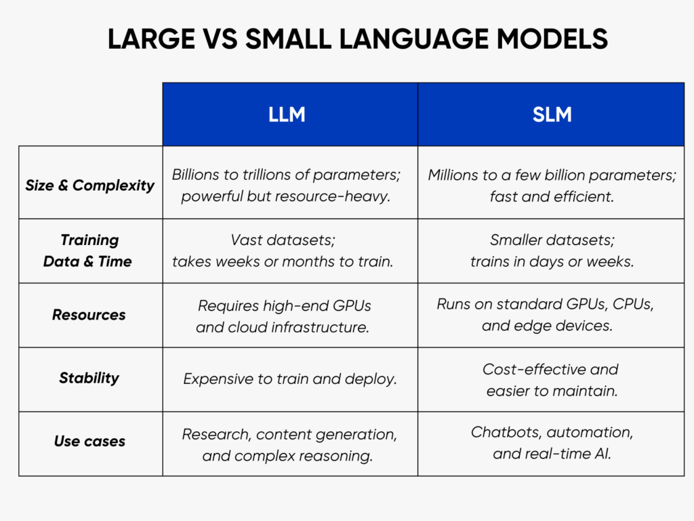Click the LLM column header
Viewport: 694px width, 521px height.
click(287, 115)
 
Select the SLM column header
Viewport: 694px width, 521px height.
click(552, 115)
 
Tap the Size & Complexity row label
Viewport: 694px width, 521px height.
click(90, 185)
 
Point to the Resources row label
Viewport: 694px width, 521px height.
click(89, 315)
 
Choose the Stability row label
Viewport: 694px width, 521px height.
click(89, 378)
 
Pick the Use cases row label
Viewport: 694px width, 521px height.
click(89, 441)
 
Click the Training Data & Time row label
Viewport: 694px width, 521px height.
click(88, 250)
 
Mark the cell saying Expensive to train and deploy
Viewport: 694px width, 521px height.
click(290, 379)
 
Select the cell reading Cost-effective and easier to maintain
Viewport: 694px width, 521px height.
click(550, 380)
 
